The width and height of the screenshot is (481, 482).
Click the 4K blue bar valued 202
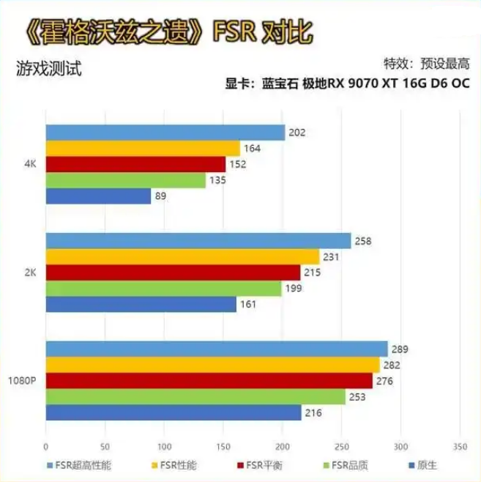[x=165, y=133]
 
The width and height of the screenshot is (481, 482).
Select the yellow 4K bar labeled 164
[x=143, y=149]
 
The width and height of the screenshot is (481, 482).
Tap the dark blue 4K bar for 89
[x=98, y=196]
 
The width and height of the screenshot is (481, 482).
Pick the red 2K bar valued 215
[x=173, y=272]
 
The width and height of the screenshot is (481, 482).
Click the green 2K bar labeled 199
[x=163, y=288]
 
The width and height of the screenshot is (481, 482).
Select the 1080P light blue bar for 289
[x=216, y=349]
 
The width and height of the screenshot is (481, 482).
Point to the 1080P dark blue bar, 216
[x=173, y=413]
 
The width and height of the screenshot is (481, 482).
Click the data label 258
[x=363, y=240]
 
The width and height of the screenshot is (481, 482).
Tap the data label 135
[x=217, y=180]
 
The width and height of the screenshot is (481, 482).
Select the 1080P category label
[x=23, y=381]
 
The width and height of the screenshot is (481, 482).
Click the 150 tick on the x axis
[x=223, y=445]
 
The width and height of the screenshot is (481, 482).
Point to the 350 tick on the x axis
[x=460, y=445]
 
